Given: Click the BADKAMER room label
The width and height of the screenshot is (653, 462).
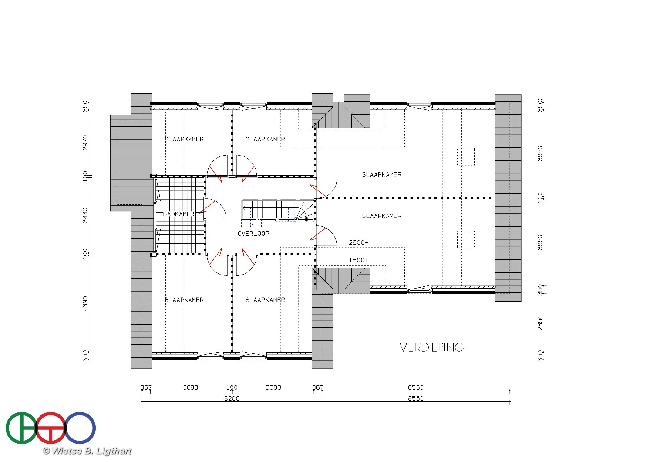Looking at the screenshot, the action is point(178,214).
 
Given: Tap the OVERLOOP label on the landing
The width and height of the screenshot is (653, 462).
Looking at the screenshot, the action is point(253,234).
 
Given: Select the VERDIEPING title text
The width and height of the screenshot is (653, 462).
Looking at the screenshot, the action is point(431,347).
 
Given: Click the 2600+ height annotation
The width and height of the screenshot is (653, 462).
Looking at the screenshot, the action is point(359,242).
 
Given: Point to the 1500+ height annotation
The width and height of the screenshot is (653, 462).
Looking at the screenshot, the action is point(359,260).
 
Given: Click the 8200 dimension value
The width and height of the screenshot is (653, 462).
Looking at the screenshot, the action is point(232,398).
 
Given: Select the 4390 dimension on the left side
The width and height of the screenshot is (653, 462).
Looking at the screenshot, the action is point(85,303).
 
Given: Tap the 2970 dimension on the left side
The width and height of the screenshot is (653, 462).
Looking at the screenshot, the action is point(85,143).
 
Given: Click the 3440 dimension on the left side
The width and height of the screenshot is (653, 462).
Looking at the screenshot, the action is point(85,215).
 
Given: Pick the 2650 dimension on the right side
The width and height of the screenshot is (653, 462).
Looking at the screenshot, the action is point(540,323).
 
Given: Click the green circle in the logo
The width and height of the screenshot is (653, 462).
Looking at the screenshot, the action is point(21,428).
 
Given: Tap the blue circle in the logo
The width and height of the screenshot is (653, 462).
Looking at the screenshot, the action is point(80,428).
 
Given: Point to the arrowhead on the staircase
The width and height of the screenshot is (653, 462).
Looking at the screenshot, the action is point(244,208).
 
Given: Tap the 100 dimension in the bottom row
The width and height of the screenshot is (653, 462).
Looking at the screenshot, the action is point(232,387).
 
